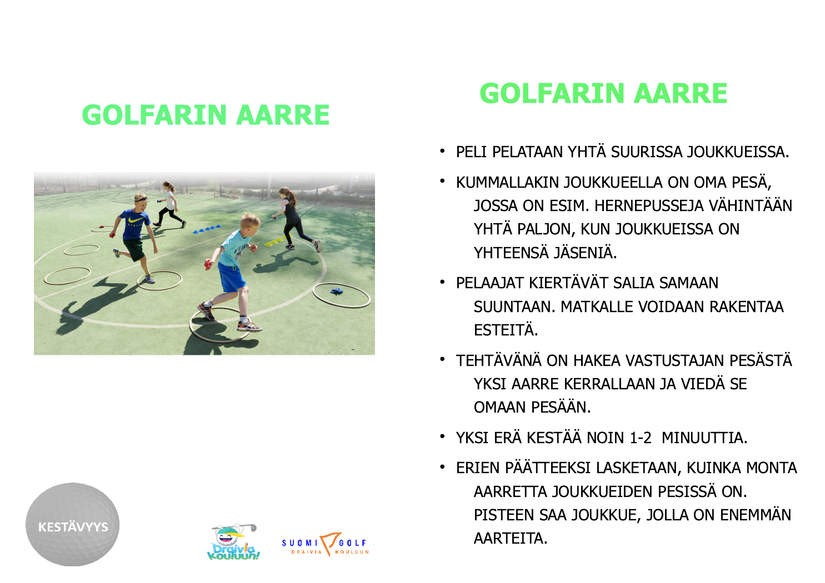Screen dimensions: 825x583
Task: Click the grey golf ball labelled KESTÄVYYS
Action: (73, 524)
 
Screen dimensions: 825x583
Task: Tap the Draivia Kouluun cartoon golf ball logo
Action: (233, 542)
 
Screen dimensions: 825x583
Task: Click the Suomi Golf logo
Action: (326, 544)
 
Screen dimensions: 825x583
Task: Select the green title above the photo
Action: (206, 115)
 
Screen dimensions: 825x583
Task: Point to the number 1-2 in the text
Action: (641, 438)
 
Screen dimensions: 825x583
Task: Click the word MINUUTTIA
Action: (704, 438)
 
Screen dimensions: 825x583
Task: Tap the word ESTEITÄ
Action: (506, 330)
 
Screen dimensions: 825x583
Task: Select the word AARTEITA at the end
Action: (511, 539)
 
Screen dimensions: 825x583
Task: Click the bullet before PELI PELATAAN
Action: (442, 150)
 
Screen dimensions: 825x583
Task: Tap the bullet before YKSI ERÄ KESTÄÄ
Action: (442, 436)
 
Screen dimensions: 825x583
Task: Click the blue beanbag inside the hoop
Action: (337, 291)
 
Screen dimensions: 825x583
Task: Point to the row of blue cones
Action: (207, 229)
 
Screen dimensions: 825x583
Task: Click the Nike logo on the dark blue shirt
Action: (135, 220)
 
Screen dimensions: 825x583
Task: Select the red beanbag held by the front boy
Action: (209, 263)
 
